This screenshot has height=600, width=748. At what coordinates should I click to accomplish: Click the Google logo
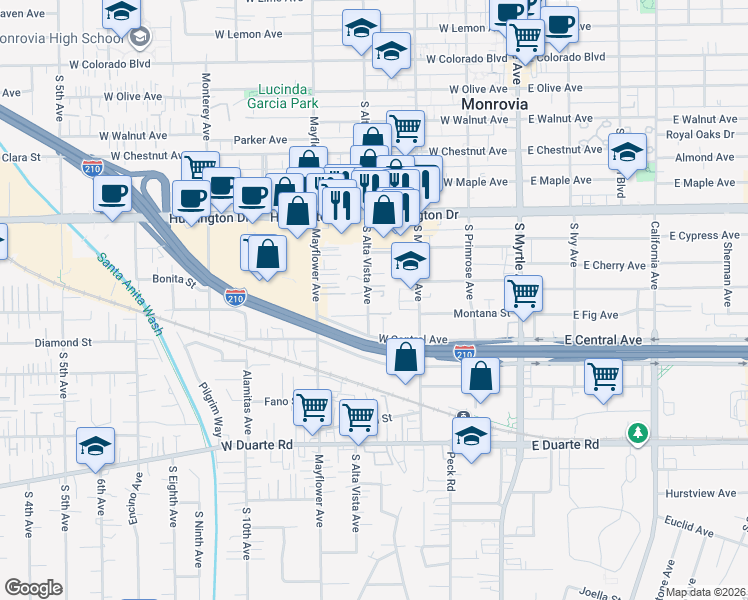click(34, 588)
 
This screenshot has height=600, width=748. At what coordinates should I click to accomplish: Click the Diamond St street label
click(63, 342)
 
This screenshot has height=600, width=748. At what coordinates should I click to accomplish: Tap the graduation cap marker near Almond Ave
click(627, 152)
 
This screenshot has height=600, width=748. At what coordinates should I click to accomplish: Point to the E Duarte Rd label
click(565, 444)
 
